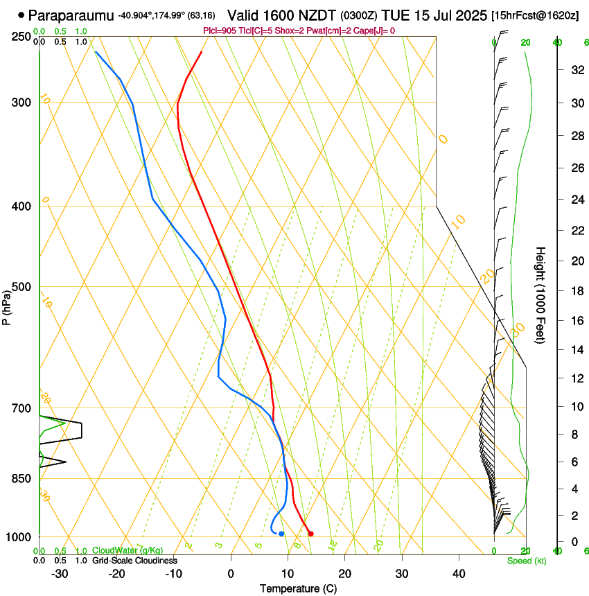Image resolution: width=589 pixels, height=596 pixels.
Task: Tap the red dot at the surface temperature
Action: click(x=310, y=534)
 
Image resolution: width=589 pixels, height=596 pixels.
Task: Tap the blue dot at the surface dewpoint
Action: click(x=281, y=534)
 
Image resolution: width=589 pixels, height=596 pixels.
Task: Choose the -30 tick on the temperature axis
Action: click(x=60, y=574)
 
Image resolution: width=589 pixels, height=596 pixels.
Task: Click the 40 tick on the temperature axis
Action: click(x=459, y=574)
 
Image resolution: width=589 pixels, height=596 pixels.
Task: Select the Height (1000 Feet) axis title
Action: click(x=540, y=295)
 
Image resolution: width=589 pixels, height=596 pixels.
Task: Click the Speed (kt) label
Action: click(x=526, y=561)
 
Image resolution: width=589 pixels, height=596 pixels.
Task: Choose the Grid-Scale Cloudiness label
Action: click(x=134, y=560)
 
